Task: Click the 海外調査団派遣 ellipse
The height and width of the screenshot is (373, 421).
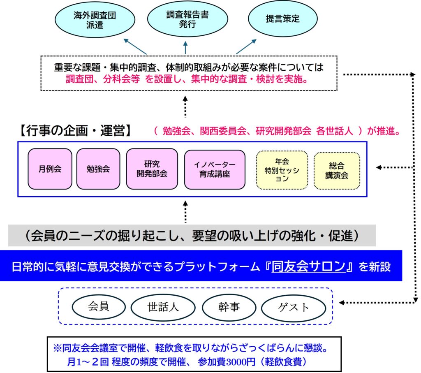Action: point(95,19)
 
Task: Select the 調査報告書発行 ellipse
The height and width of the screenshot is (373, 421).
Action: point(187,19)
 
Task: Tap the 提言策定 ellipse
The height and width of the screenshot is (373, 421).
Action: point(283,19)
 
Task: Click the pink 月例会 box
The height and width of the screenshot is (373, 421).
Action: point(50,169)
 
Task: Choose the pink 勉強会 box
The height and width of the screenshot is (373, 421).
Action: point(98,169)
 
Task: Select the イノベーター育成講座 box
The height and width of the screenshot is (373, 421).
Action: point(215,169)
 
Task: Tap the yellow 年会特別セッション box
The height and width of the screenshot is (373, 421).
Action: point(282,170)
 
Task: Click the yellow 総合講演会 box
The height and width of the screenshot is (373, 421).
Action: point(337,170)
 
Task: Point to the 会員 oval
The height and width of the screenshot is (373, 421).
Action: point(99,307)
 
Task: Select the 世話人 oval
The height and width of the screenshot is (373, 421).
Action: point(163,307)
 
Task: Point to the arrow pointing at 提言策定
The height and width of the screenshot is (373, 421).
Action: point(246,46)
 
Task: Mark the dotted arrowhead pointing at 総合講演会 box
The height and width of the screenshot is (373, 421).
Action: point(379,167)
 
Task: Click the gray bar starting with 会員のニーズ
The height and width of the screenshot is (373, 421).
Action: point(192,236)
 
